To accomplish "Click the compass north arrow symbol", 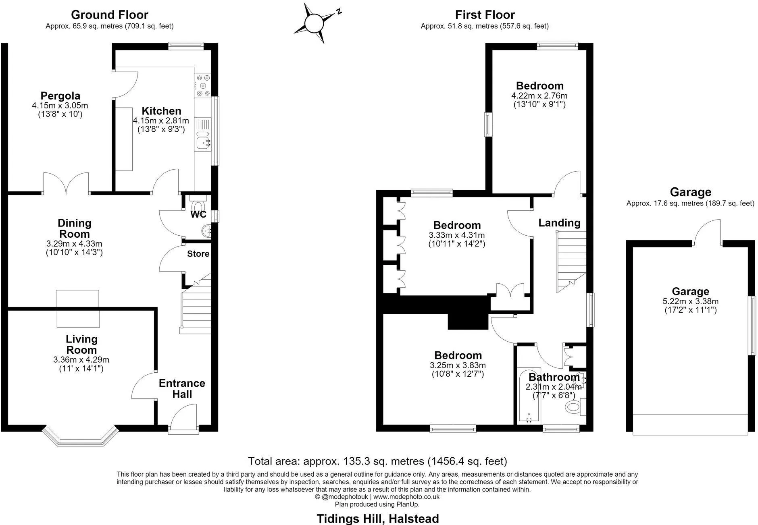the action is [x=315, y=23].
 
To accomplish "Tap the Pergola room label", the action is [x=60, y=96].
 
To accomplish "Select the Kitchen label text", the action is [x=161, y=111].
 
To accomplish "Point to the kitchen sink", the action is [x=202, y=141].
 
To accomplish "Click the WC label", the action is [x=198, y=214].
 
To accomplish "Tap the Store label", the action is [x=198, y=253].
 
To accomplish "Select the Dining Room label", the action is [x=75, y=228].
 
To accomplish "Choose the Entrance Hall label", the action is [x=182, y=388].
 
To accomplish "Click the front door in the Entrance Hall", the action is [x=183, y=419].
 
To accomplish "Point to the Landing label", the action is [x=559, y=223].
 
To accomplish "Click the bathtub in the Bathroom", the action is [x=529, y=395].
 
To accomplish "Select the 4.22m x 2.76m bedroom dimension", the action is [x=539, y=96].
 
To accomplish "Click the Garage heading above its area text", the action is [x=690, y=192].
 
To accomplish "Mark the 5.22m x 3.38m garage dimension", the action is [x=690, y=301].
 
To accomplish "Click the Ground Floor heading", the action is [x=110, y=15].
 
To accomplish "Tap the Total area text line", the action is [x=377, y=461].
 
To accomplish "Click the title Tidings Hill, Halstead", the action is [x=378, y=519].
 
